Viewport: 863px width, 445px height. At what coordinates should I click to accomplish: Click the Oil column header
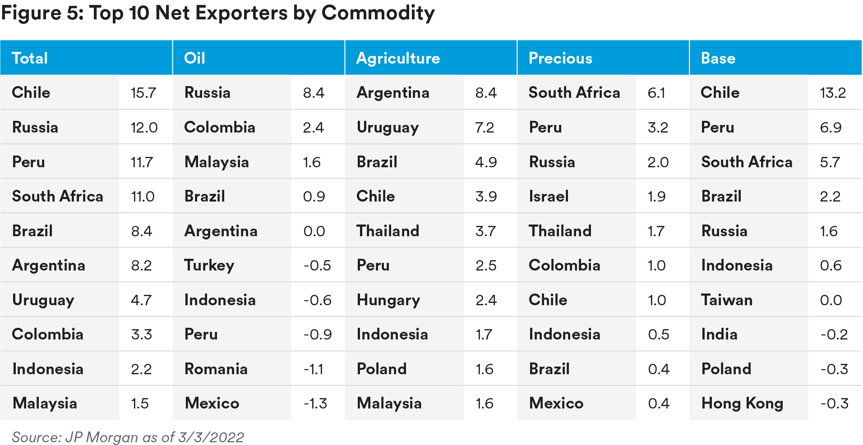point(194,58)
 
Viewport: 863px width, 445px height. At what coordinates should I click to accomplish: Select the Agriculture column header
point(398,58)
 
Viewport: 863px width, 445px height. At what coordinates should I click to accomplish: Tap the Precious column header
point(560,58)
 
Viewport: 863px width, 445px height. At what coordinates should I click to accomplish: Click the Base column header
point(718,58)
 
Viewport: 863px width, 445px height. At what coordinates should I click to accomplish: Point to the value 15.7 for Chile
point(143,93)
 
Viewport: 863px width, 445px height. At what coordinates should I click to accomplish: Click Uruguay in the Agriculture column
point(388,128)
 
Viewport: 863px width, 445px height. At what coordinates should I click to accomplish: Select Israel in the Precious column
point(549,197)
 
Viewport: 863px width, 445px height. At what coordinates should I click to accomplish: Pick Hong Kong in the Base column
point(742,404)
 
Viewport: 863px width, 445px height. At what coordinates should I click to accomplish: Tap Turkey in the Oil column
point(209,266)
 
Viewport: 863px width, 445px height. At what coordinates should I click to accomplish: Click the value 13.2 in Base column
point(833,93)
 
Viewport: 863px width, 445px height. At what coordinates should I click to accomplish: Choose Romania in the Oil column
point(216,369)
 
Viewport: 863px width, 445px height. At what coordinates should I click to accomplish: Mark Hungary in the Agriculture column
point(388,300)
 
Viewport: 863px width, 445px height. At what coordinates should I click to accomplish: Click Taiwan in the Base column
point(727,300)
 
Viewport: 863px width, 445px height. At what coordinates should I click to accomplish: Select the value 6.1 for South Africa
point(656,93)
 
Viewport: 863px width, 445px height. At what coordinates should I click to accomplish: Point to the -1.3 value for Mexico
point(315,404)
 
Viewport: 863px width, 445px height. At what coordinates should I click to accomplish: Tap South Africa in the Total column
point(58,197)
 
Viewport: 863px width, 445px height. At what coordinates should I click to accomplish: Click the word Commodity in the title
point(378,13)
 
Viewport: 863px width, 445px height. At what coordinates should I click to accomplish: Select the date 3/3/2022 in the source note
point(211,437)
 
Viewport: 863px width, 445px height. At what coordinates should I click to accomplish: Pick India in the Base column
point(719,335)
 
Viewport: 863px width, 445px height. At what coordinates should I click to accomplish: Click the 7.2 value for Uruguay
point(485,128)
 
